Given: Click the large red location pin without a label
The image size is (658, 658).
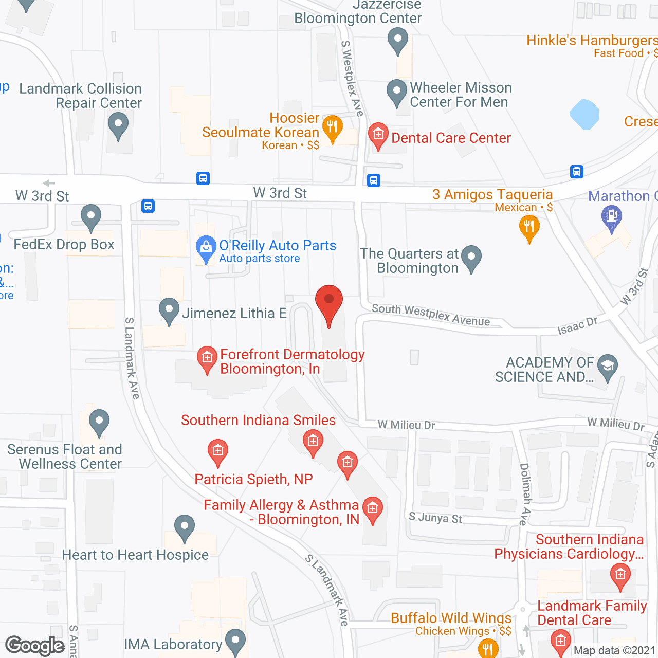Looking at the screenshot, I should coord(328,303).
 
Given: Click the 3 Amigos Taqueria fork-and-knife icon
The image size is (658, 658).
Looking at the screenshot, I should coord(529,227).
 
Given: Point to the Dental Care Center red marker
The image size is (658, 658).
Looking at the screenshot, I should coord(378,135).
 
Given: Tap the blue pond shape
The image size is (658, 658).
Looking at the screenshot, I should coord(584,114).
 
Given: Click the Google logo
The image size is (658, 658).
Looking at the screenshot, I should coord(35,646).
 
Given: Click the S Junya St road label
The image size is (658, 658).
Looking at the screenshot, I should coord(435,518).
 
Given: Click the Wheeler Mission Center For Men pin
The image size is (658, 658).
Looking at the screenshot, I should coord(396,92).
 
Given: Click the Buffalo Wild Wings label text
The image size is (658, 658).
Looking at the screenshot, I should coord(451,618).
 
